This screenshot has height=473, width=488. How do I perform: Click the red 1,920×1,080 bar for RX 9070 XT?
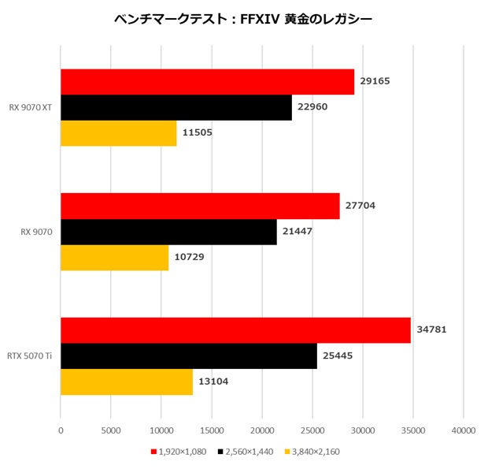[x=207, y=81]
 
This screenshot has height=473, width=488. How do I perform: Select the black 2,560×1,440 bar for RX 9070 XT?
[x=176, y=107]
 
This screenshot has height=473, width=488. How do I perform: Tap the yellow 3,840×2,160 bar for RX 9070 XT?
[x=118, y=133]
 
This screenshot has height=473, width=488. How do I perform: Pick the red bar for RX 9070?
[x=200, y=206]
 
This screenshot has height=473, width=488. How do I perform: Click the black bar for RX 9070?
[x=168, y=232]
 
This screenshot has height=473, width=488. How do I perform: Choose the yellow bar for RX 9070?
[x=114, y=258]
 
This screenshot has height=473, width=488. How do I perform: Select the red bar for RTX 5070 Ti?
[x=235, y=330]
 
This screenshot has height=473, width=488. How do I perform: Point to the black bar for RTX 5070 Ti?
[x=189, y=356]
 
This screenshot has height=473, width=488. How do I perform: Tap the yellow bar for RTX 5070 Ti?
[x=127, y=382]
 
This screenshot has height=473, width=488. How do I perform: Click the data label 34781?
[x=431, y=330]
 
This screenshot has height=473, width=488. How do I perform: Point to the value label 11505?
[x=197, y=133]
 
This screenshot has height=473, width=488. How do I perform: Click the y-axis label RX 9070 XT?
[x=31, y=107]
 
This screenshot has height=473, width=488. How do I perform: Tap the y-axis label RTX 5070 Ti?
[x=31, y=356]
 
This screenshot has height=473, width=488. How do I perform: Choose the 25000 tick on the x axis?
[x=312, y=430]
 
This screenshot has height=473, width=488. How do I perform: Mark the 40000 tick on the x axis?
[x=464, y=430]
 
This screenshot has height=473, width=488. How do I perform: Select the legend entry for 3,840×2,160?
[x=312, y=452]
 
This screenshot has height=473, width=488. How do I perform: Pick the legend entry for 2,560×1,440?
[x=247, y=452]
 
